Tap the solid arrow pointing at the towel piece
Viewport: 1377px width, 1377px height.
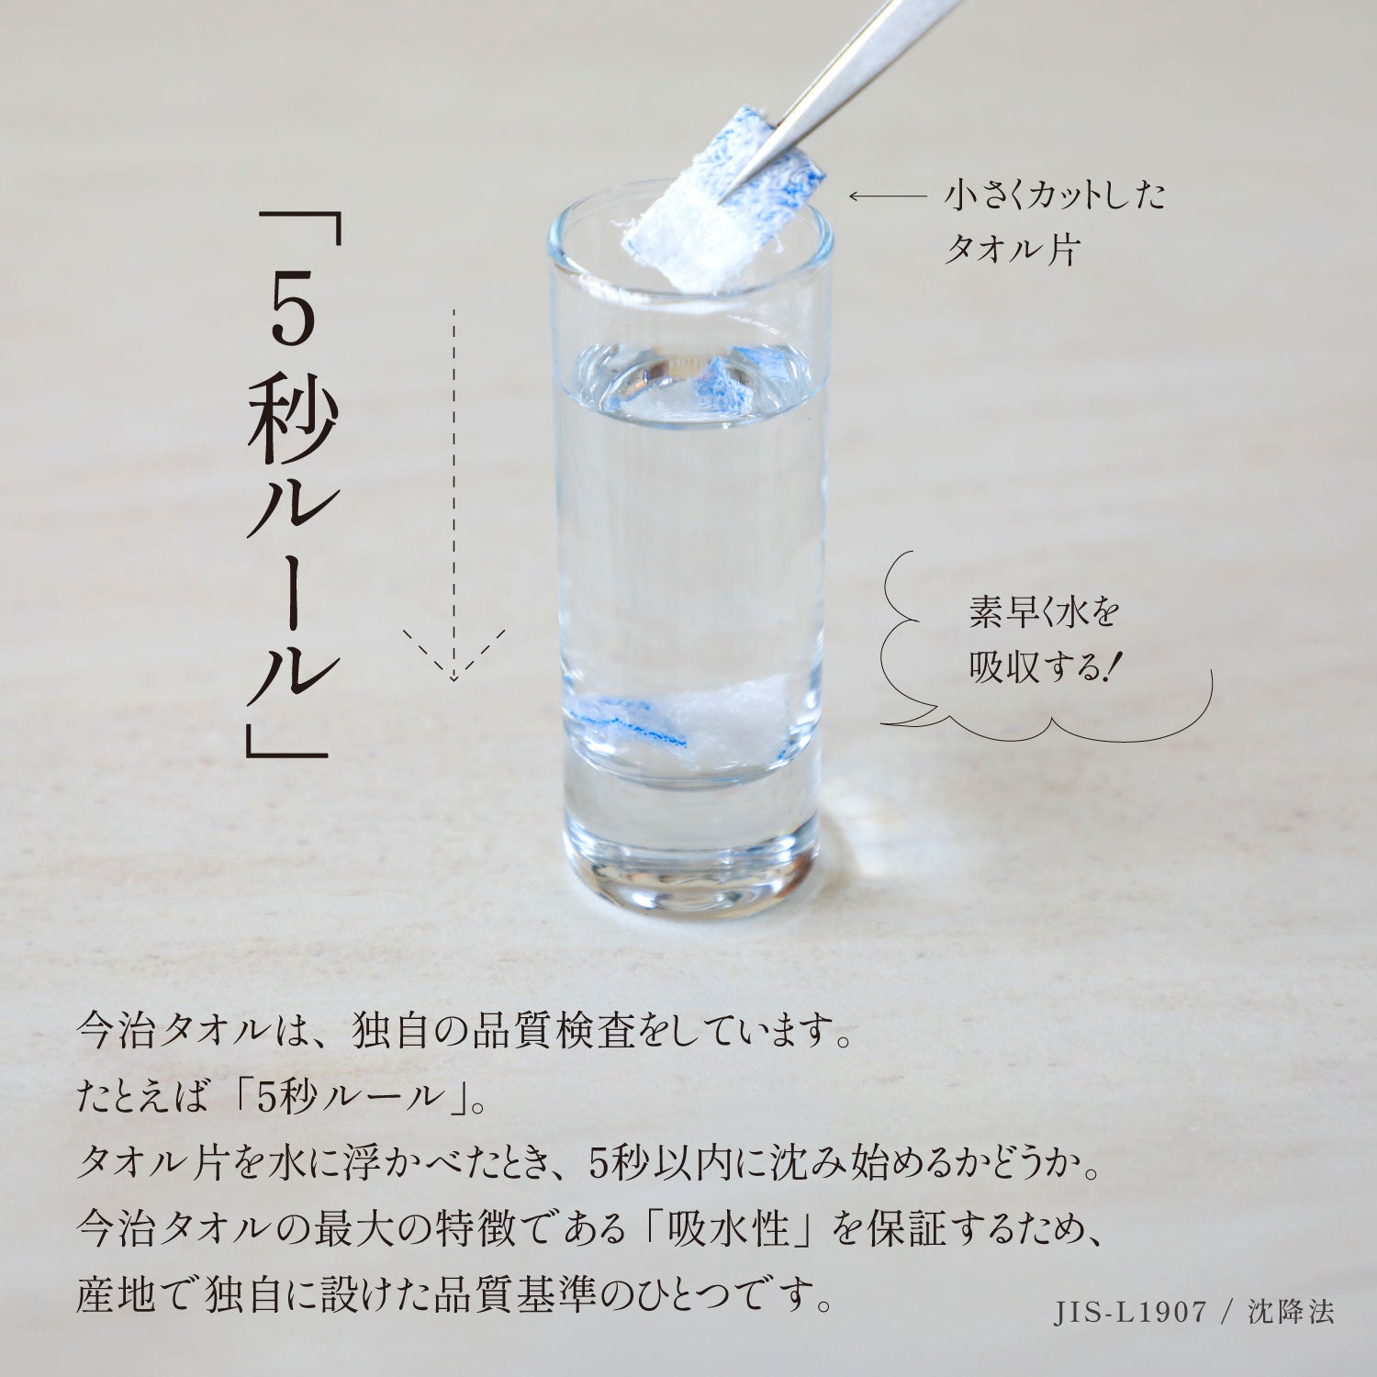[x=888, y=196]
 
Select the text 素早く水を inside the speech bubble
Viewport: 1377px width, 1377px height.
[x=1045, y=612]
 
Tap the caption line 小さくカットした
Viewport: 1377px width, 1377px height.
[x=1055, y=195]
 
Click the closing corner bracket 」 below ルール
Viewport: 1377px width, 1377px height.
[x=286, y=740]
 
